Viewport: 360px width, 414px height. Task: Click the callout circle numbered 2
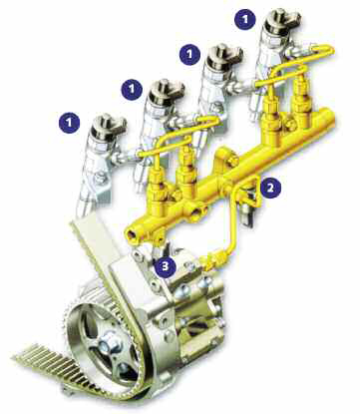pos(270,188)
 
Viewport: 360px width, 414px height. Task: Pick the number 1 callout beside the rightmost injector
pos(245,19)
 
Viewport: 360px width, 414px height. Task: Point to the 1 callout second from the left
pos(132,89)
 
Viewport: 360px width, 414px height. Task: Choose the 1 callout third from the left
pos(189,54)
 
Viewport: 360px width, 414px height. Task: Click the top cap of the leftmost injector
pos(109,127)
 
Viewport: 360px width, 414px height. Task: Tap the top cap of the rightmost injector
pos(282,21)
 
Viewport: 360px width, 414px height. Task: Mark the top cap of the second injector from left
pos(167,91)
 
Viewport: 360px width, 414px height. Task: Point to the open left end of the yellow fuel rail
pos(131,233)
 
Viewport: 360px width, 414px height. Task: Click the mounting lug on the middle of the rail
pos(227,158)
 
